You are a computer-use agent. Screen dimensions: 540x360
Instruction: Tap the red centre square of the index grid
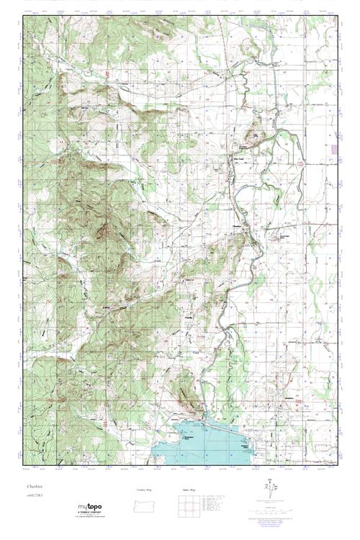pos(186,506)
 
